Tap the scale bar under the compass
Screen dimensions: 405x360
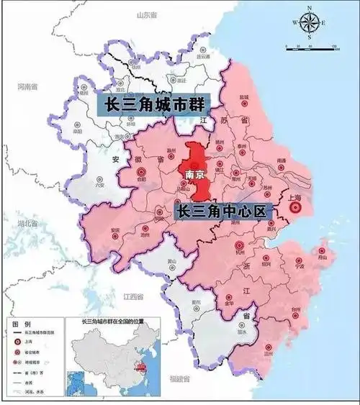pos(312,47)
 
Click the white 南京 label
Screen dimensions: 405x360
pos(195,174)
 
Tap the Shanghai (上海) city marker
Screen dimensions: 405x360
pos(294,209)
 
